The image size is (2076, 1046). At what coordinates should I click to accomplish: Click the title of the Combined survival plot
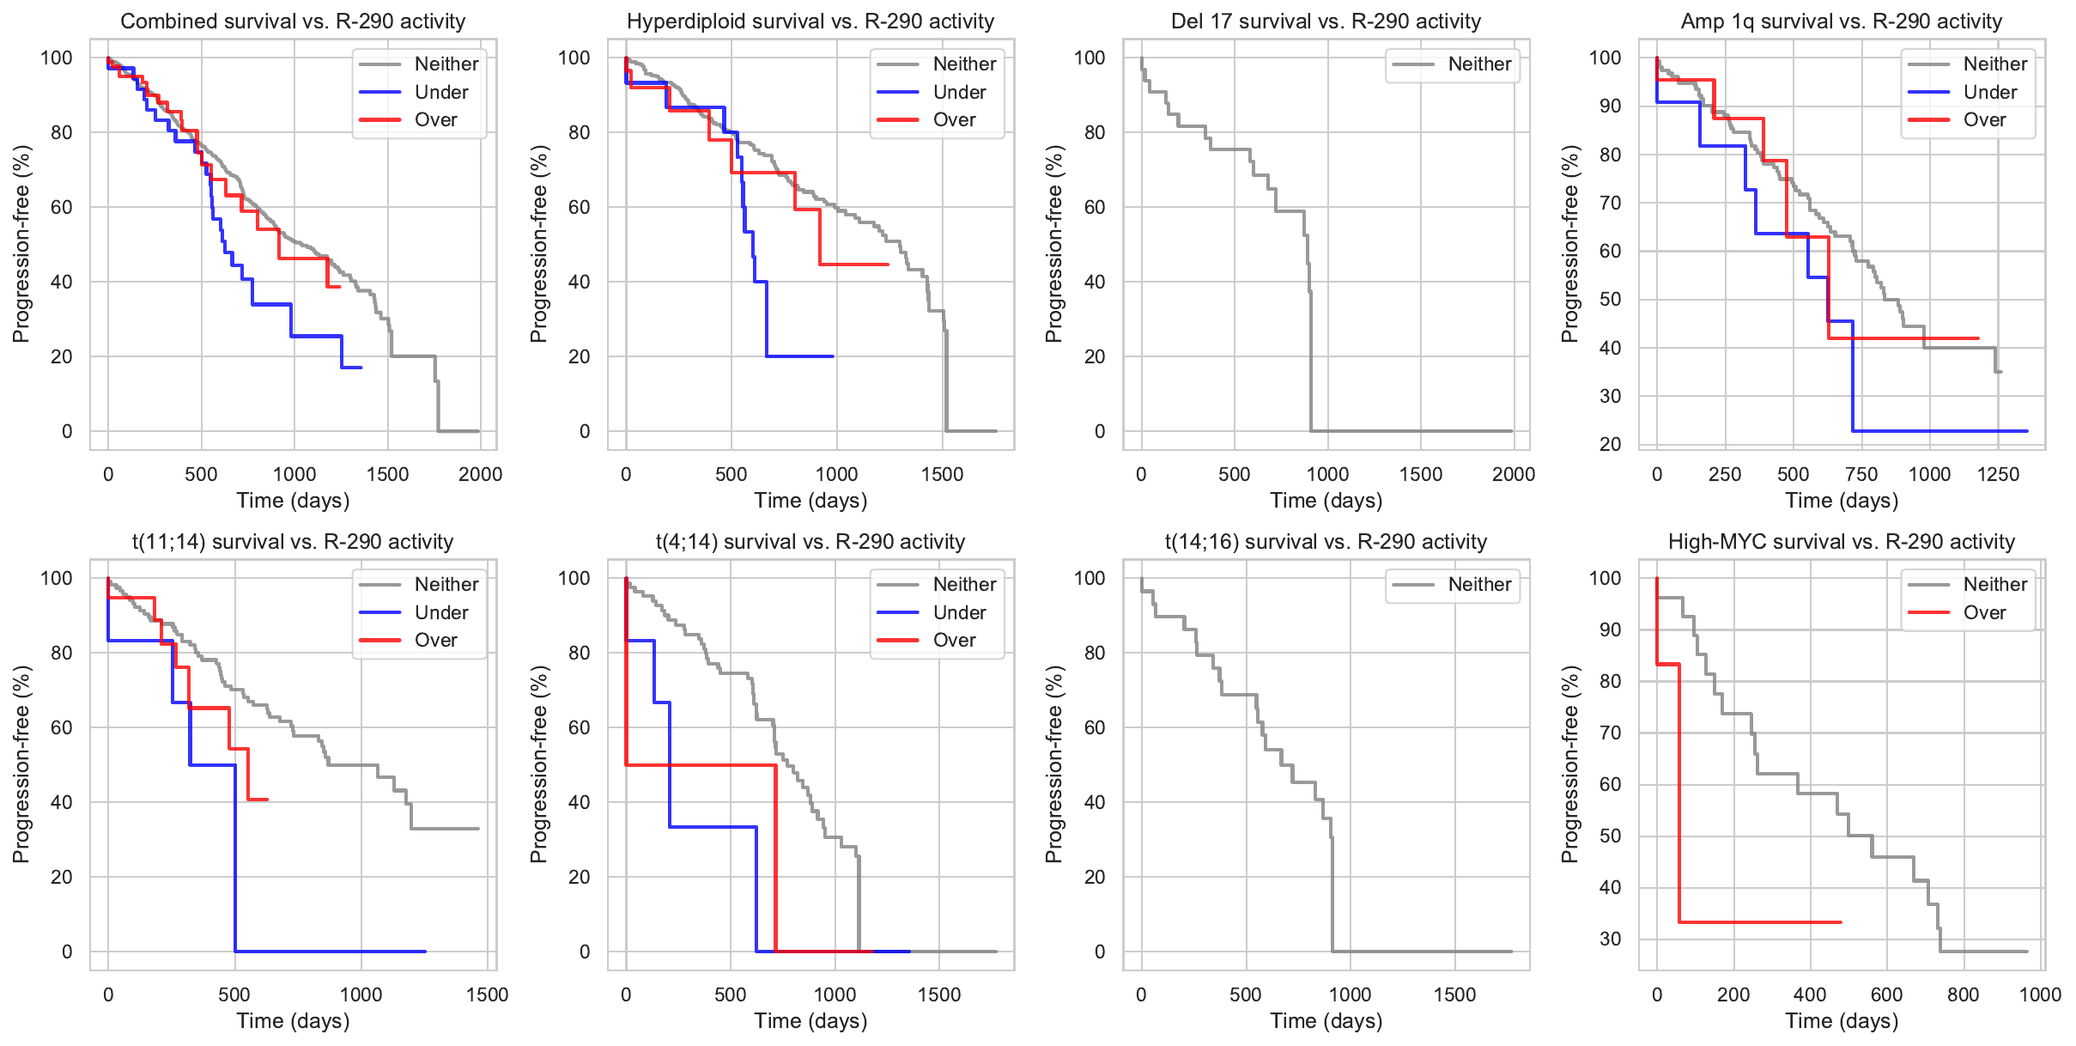pyautogui.click(x=293, y=21)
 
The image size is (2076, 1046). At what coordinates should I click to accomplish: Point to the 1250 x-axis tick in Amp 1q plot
pyautogui.click(x=1998, y=474)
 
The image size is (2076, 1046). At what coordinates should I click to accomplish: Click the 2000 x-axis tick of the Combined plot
pyautogui.click(x=480, y=474)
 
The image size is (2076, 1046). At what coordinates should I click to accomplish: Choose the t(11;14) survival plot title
pyautogui.click(x=293, y=541)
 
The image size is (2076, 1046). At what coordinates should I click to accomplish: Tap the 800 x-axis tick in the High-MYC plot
pyautogui.click(x=1963, y=994)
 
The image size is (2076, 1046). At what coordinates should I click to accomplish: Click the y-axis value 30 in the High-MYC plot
pyautogui.click(x=1610, y=939)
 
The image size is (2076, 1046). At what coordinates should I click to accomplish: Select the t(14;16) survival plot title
pyautogui.click(x=1326, y=541)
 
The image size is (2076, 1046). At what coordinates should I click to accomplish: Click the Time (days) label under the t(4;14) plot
pyautogui.click(x=810, y=1020)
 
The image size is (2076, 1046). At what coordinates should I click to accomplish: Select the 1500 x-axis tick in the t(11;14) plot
pyautogui.click(x=487, y=994)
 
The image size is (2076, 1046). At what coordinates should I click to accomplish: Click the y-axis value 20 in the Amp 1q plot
pyautogui.click(x=1610, y=444)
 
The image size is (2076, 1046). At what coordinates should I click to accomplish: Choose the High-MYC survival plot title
pyautogui.click(x=1841, y=541)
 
